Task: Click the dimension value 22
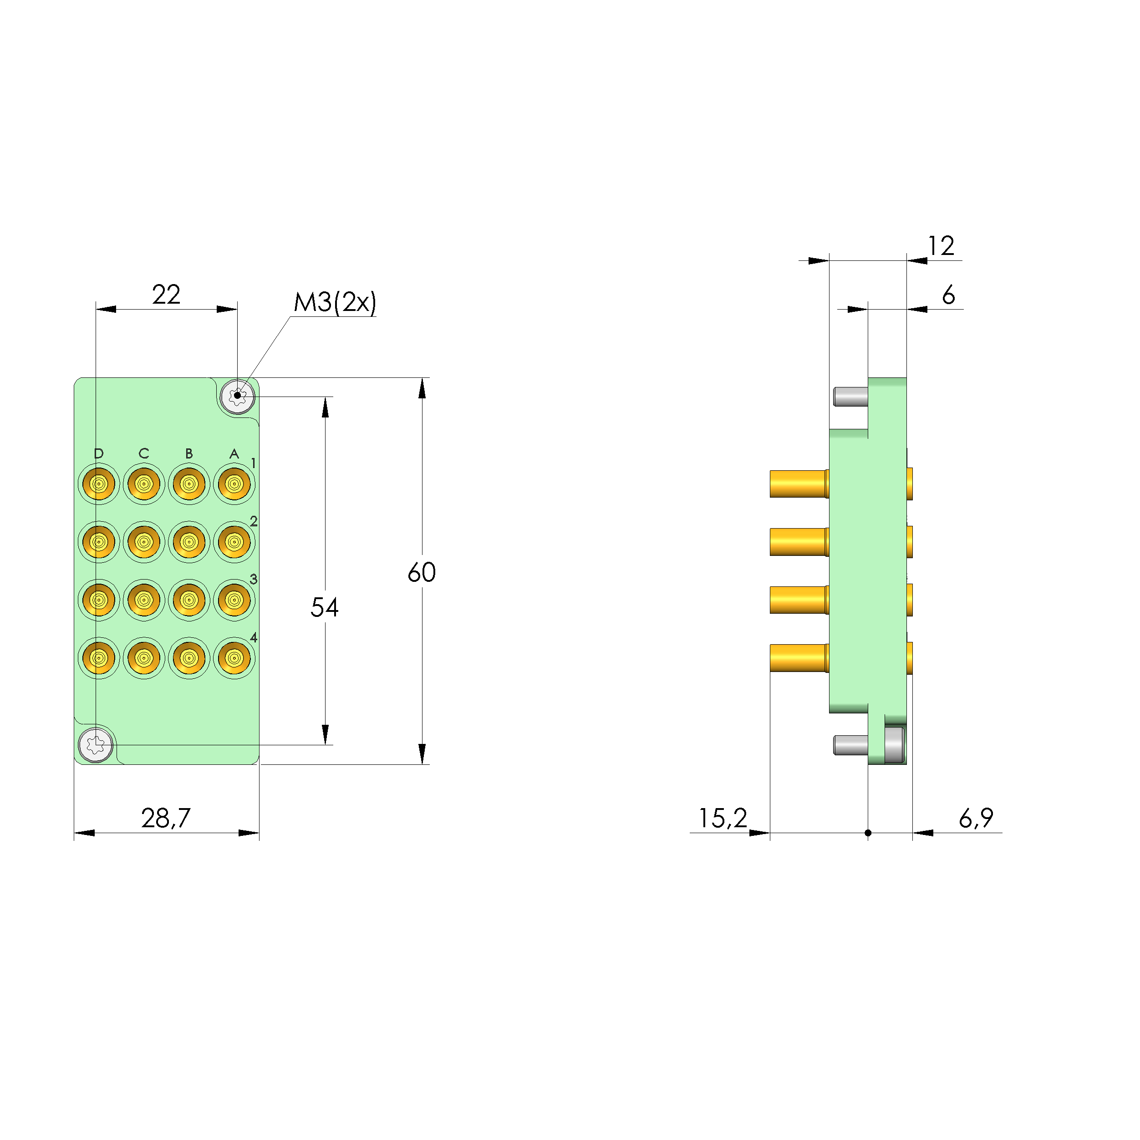click(x=166, y=295)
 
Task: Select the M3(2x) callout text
click(x=335, y=303)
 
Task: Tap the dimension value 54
click(x=324, y=608)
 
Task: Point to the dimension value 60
click(x=421, y=572)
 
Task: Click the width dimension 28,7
click(x=166, y=818)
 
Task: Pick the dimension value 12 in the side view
click(x=941, y=246)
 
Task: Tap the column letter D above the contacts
click(x=98, y=453)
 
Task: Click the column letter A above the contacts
click(x=234, y=453)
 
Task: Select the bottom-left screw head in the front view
click(x=96, y=745)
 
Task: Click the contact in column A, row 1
click(x=234, y=484)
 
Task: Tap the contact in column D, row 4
click(x=98, y=657)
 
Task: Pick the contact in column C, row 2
click(x=143, y=542)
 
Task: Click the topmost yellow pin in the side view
click(x=798, y=484)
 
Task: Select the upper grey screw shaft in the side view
click(x=850, y=397)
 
